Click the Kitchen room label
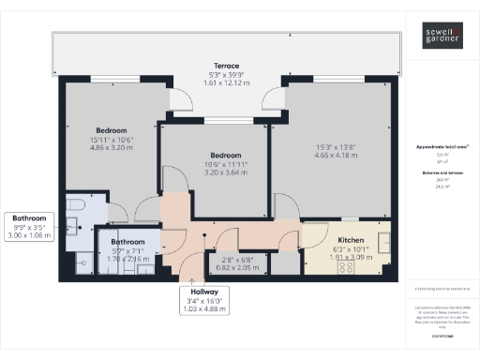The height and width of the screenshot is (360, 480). [x=350, y=241]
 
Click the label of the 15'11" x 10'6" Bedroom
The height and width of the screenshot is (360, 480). [x=111, y=131]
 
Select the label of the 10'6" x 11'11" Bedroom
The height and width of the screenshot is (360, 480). [x=226, y=155]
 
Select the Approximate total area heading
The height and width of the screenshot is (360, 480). [x=442, y=147]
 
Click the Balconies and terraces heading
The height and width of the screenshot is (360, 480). [x=442, y=175]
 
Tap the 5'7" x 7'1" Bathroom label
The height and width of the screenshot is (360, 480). [x=126, y=242]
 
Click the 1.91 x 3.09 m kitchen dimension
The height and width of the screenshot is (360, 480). [x=350, y=257]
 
